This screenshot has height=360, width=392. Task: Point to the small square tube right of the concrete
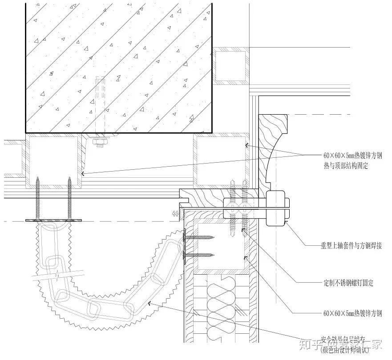pyautogui.click(x=231, y=66)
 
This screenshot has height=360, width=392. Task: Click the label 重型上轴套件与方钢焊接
pyautogui.click(x=352, y=246)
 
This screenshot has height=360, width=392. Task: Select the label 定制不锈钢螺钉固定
pyautogui.click(x=348, y=283)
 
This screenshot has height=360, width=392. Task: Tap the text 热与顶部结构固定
pyautogui.click(x=346, y=165)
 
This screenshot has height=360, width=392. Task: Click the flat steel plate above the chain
pyautogui.click(x=54, y=220)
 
